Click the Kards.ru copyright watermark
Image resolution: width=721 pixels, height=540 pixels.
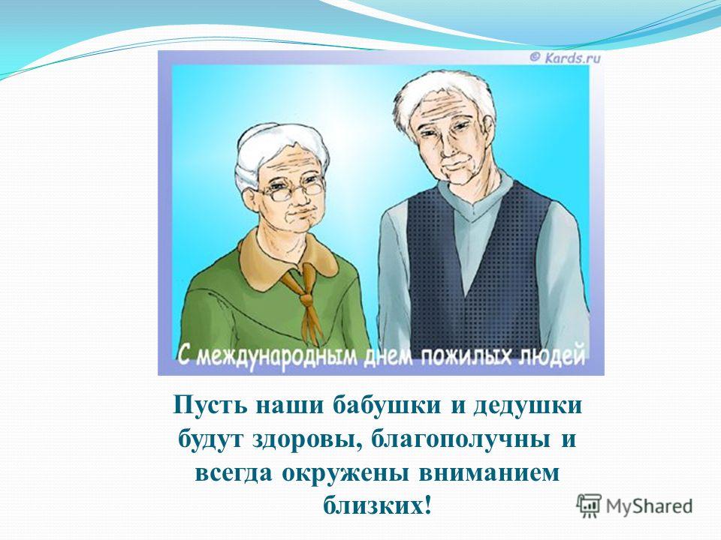[565, 58]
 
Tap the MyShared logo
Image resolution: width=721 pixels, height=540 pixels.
[635, 506]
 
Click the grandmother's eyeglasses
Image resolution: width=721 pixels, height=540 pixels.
[291, 189]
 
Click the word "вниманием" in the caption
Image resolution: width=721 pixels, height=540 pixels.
[489, 474]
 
